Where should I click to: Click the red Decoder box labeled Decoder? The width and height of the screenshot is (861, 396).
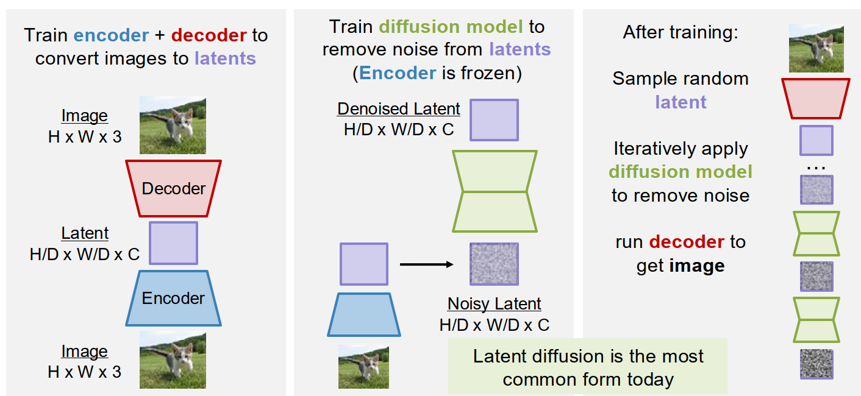[x=173, y=188]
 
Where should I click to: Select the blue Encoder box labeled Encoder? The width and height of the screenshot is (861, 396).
[x=173, y=298]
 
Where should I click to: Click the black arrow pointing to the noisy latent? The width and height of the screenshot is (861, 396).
[x=426, y=264]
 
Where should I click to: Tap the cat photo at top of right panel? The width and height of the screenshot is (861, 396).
[x=816, y=48]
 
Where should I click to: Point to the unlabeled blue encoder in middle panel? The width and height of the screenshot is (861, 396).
[x=364, y=314]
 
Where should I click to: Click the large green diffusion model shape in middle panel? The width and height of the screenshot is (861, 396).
[x=495, y=192]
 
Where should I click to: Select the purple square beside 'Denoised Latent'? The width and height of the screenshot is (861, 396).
[x=494, y=120]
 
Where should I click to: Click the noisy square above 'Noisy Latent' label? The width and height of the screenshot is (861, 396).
[x=494, y=264]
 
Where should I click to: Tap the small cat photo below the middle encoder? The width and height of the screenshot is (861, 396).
[x=364, y=367]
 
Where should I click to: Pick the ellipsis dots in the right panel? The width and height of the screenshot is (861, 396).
[x=816, y=166]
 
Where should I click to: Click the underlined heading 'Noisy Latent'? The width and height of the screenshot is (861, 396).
[x=494, y=303]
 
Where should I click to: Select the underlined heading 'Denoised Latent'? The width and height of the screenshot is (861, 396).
[x=399, y=109]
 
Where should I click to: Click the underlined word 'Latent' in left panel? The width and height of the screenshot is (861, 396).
[x=85, y=233]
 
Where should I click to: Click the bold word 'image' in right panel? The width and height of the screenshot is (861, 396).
[x=697, y=266]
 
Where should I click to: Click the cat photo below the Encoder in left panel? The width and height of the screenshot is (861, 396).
[x=173, y=360]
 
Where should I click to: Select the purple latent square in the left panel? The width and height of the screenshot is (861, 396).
[x=173, y=242]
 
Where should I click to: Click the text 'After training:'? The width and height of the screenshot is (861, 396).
[x=681, y=32]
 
